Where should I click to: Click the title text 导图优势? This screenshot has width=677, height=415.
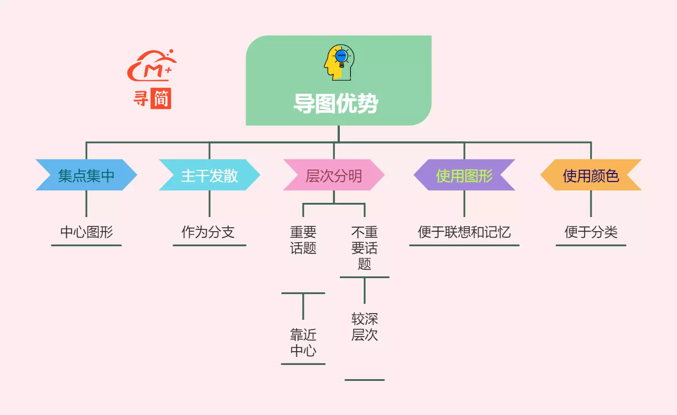click(x=336, y=104)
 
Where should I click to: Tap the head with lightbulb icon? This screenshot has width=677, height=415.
click(x=339, y=62)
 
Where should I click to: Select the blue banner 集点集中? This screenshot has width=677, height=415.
click(x=86, y=175)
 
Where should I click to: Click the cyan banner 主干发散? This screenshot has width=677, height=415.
click(x=209, y=175)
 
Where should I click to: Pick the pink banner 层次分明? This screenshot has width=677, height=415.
click(x=334, y=175)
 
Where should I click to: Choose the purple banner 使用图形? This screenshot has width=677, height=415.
click(x=464, y=175)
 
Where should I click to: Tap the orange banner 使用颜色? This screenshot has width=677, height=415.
click(x=591, y=175)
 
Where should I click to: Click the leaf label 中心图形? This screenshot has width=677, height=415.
click(x=87, y=232)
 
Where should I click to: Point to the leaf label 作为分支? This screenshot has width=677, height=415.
click(x=208, y=232)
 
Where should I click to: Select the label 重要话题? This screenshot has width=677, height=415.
click(x=303, y=240)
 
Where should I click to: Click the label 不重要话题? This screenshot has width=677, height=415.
click(x=364, y=248)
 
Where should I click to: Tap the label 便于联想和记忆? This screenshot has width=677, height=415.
click(x=464, y=232)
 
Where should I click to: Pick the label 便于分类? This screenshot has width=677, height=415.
click(x=591, y=232)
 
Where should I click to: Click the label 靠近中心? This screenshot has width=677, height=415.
click(x=303, y=342)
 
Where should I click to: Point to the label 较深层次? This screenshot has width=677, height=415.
click(x=364, y=326)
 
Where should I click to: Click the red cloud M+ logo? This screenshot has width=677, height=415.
click(x=152, y=66)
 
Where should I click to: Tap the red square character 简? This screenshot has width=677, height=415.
click(x=161, y=98)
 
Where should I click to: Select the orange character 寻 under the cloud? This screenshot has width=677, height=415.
click(x=141, y=98)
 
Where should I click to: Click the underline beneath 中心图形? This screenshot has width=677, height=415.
click(x=86, y=245)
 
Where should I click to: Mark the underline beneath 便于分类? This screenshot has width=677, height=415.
click(x=591, y=245)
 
